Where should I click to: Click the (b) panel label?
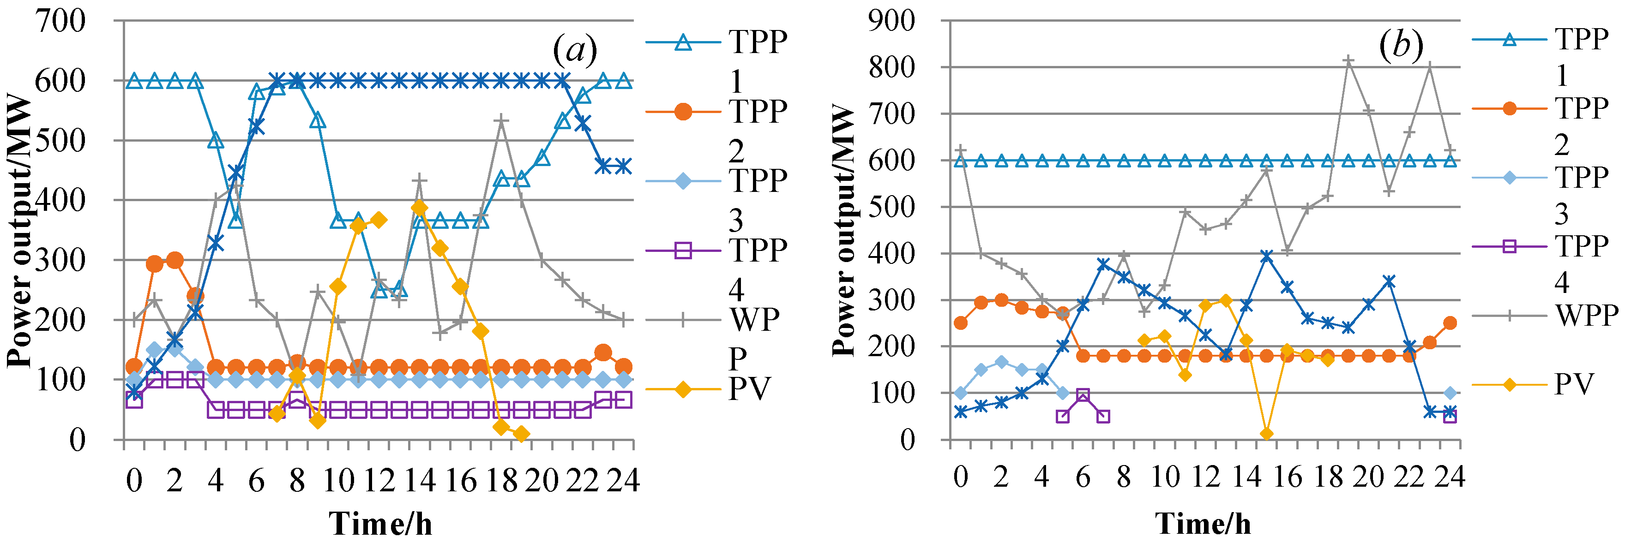pyautogui.click(x=1401, y=45)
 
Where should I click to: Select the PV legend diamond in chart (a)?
pyautogui.click(x=683, y=389)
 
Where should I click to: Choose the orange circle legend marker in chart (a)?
pyautogui.click(x=683, y=112)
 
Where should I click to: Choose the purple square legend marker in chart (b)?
pyautogui.click(x=1510, y=245)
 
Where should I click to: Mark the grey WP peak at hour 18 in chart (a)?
pyautogui.click(x=501, y=120)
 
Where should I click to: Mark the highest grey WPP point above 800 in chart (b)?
pyautogui.click(x=1348, y=60)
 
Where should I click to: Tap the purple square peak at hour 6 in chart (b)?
pyautogui.click(x=1083, y=395)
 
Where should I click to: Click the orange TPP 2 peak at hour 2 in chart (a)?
pyautogui.click(x=175, y=260)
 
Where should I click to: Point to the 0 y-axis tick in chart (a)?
pyautogui.click(x=77, y=440)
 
